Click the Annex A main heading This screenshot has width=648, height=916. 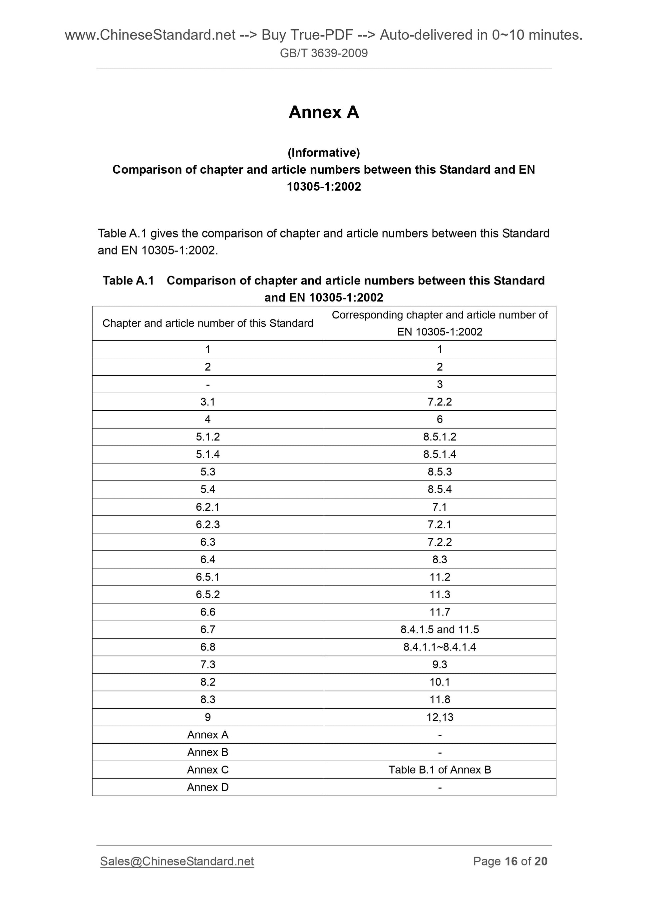[x=324, y=112]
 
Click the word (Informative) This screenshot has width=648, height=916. [x=324, y=152]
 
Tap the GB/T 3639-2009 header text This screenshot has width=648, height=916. [x=324, y=53]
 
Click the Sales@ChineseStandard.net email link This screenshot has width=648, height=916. [x=177, y=861]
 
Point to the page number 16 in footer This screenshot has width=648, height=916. [x=511, y=861]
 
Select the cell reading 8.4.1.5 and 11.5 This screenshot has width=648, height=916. [x=440, y=630]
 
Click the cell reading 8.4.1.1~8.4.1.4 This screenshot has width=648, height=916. [x=440, y=647]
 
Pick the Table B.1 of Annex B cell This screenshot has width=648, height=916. [x=440, y=770]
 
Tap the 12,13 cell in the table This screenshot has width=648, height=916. [x=440, y=717]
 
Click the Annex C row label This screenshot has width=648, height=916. [x=207, y=770]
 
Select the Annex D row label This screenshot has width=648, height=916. [x=207, y=787]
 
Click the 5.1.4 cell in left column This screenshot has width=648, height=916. [x=207, y=455]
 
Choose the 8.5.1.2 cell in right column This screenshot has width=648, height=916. [x=440, y=437]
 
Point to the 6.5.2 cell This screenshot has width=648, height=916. [x=207, y=595]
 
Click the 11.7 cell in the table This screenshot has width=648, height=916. [x=440, y=612]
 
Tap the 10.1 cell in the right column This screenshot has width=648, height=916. [x=440, y=682]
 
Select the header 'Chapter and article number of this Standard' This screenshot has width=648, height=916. [x=207, y=323]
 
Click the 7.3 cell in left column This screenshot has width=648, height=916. [x=207, y=665]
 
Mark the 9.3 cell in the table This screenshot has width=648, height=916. [x=440, y=665]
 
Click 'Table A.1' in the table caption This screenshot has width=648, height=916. [x=128, y=280]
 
